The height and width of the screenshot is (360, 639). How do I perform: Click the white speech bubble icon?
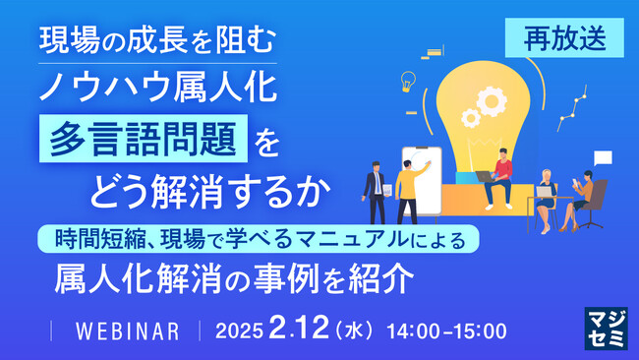603,157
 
